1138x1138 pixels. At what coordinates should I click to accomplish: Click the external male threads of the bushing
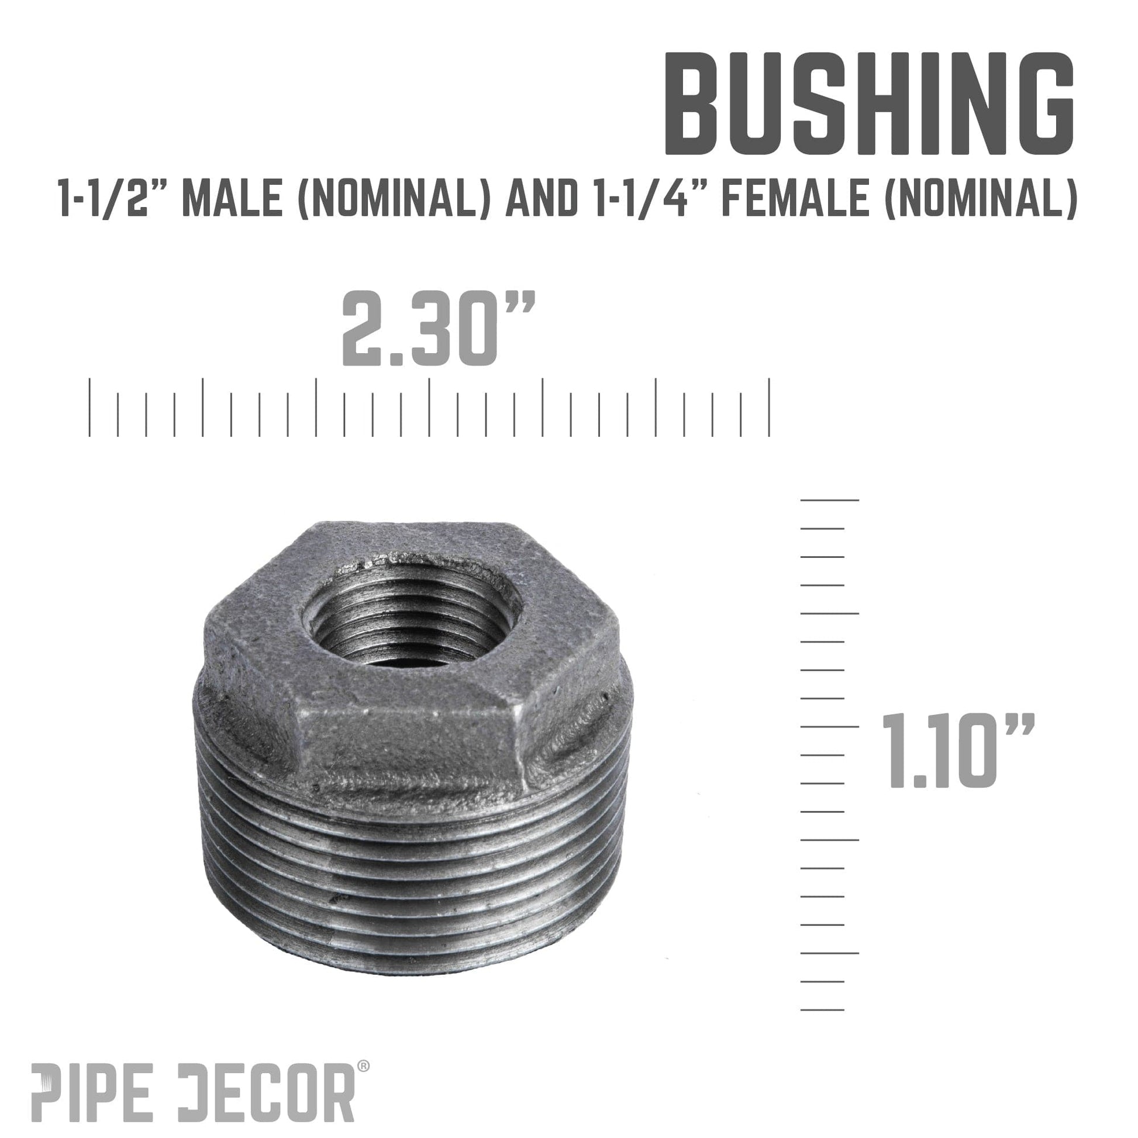[412, 884]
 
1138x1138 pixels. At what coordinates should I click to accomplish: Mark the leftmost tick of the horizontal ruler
[89, 408]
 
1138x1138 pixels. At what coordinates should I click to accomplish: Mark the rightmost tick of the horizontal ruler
[769, 408]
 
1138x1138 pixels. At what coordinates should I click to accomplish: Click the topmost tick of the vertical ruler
[829, 500]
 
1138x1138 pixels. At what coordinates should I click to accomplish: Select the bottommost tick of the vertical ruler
[822, 1009]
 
